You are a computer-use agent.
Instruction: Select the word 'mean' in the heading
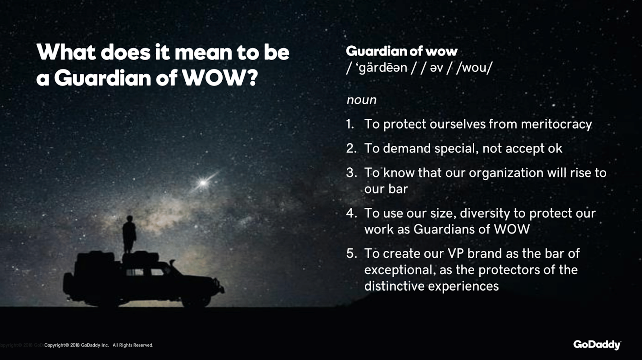click(203, 53)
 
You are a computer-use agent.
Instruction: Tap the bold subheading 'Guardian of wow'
click(402, 51)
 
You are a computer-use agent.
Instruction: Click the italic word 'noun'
click(362, 100)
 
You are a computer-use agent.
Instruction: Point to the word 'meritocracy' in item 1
click(556, 124)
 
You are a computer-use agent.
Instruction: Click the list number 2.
click(351, 148)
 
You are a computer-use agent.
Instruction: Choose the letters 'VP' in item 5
click(453, 254)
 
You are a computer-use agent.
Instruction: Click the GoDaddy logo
click(597, 345)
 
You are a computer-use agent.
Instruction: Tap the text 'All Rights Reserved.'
click(133, 346)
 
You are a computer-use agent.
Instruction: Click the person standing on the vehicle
click(129, 234)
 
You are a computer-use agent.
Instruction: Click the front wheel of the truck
click(196, 298)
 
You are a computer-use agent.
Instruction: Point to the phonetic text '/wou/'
click(474, 68)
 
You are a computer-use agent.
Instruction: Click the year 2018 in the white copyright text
click(75, 346)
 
